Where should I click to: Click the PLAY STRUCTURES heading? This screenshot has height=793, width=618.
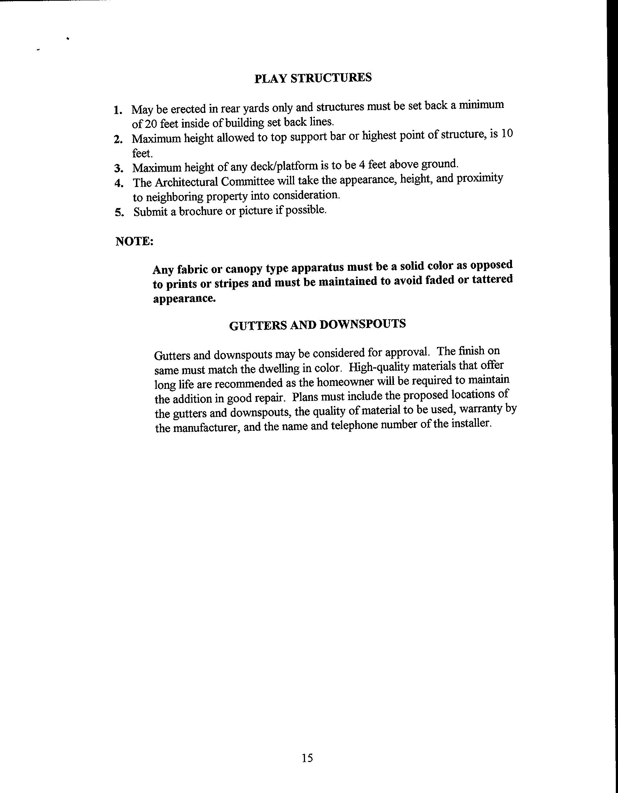click(313, 78)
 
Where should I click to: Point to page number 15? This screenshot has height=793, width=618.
click(307, 758)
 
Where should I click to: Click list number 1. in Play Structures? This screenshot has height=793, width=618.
click(117, 110)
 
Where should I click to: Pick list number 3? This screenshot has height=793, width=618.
click(117, 168)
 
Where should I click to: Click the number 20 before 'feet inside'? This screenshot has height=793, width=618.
click(150, 124)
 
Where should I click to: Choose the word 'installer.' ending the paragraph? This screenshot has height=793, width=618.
click(472, 424)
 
